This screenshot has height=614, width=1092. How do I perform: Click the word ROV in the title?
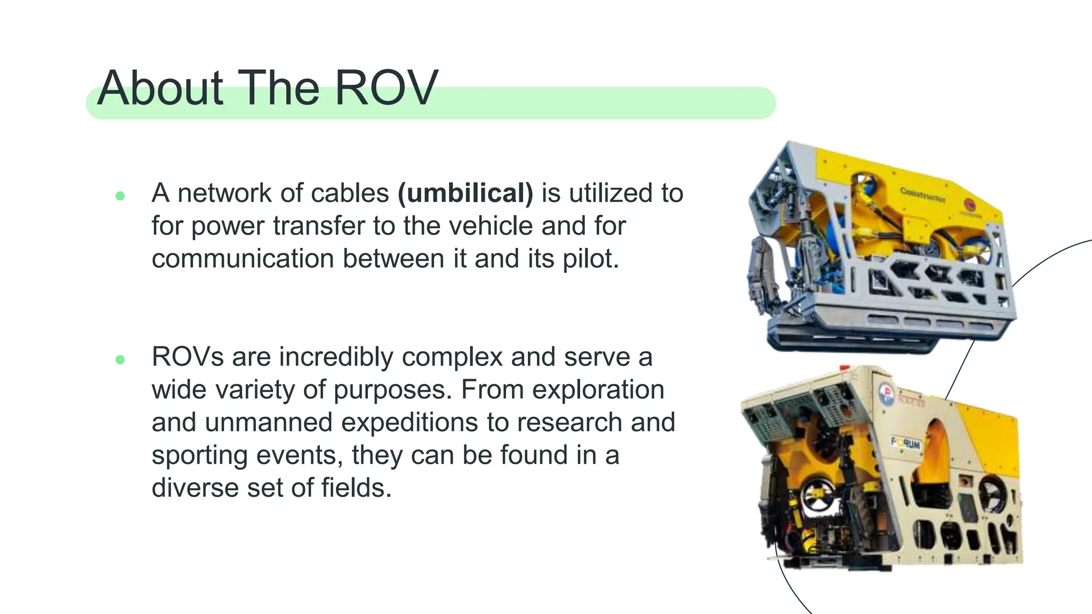(386, 88)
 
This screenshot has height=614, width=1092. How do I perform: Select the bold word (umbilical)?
(465, 193)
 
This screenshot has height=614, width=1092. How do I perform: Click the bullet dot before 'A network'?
(120, 196)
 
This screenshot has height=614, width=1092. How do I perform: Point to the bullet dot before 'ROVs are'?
(120, 360)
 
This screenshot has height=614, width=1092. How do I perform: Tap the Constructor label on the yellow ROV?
(922, 195)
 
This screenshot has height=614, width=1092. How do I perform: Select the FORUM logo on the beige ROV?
(906, 442)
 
